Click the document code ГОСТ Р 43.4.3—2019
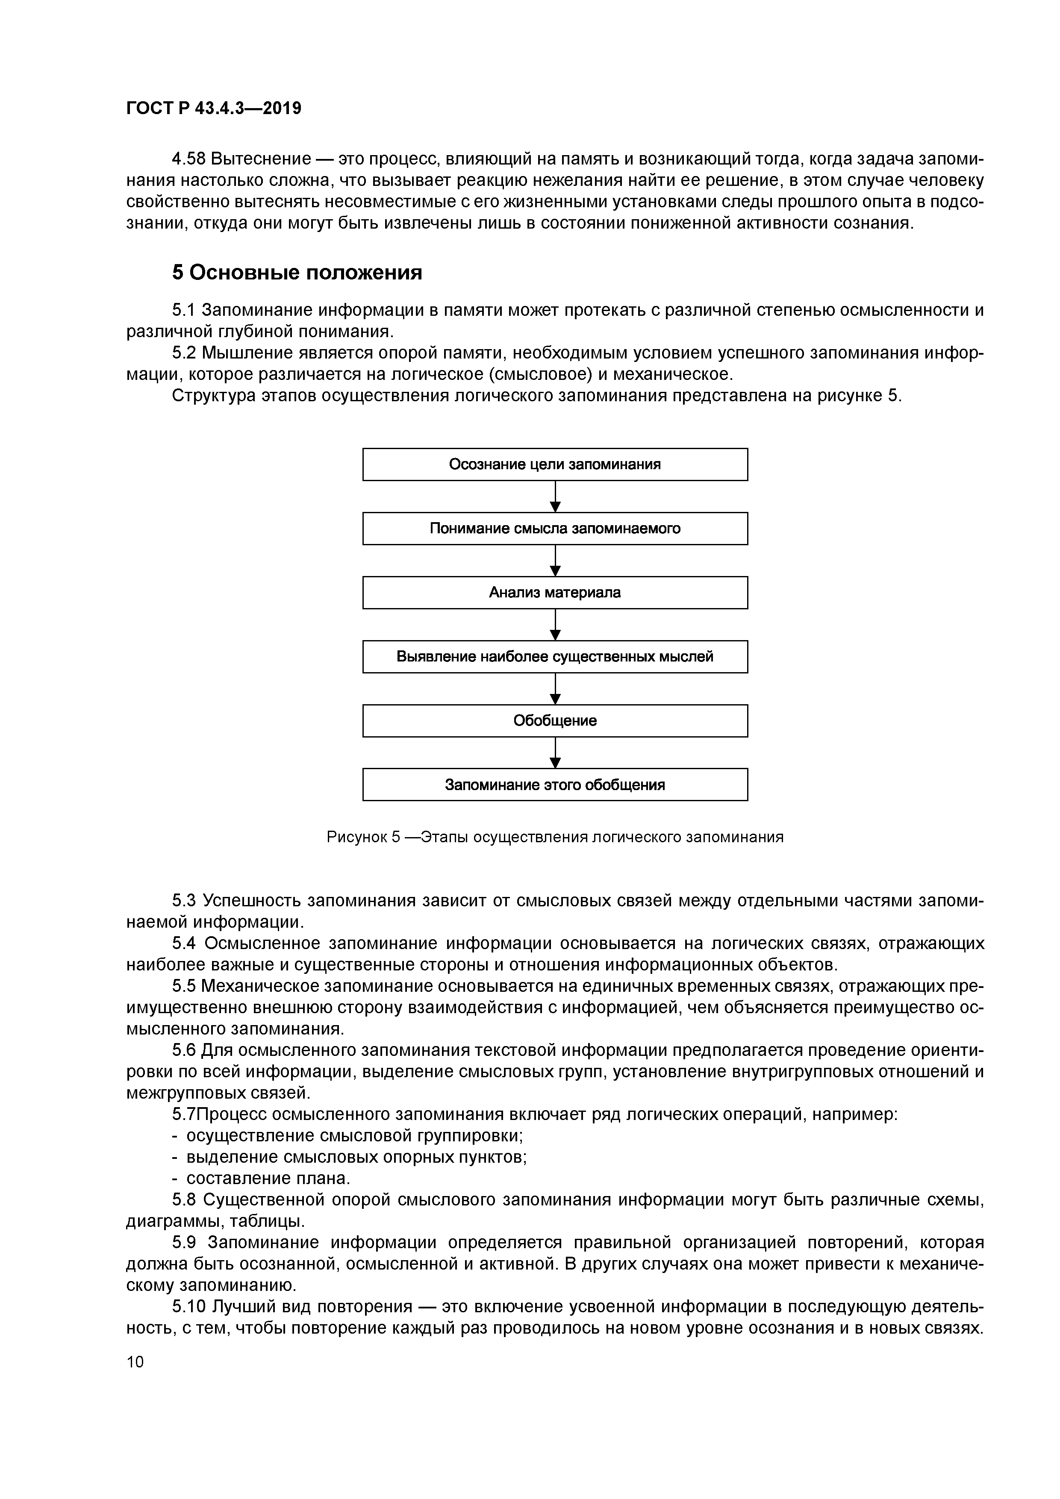[x=214, y=109]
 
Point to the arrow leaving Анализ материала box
[x=555, y=624]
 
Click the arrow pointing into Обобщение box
[x=555, y=688]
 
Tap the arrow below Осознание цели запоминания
[x=555, y=496]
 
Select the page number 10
[x=135, y=1361]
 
